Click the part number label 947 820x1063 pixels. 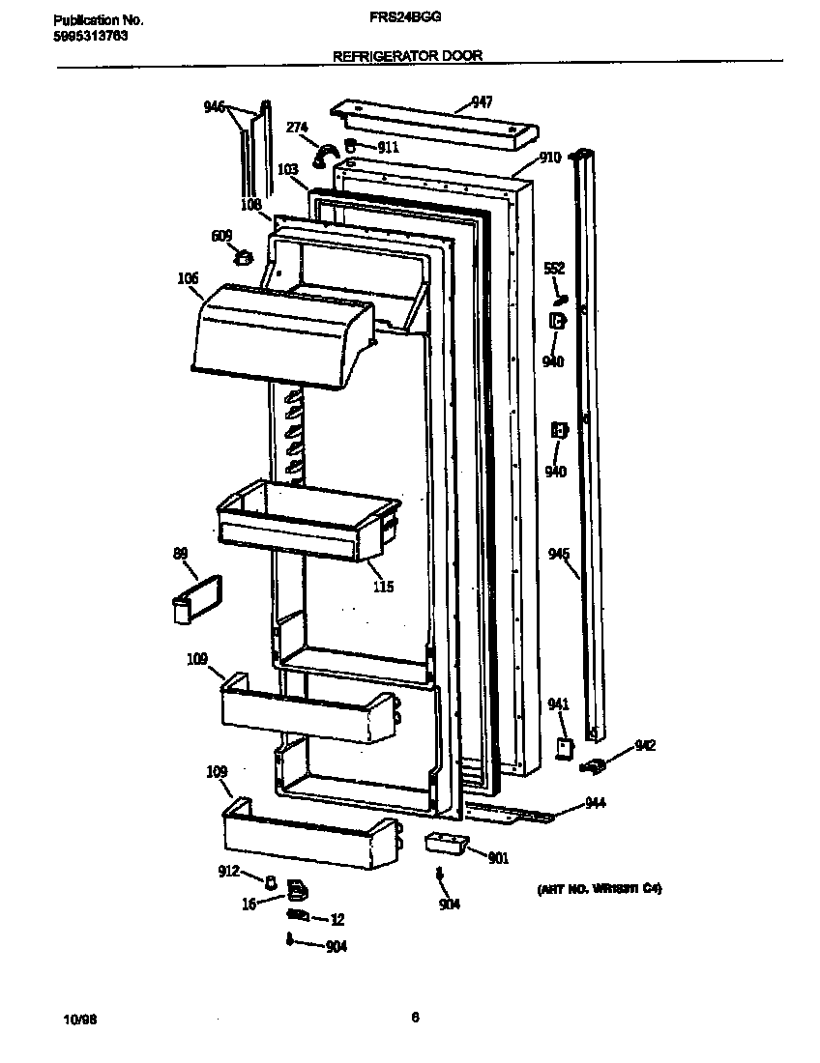pyautogui.click(x=482, y=102)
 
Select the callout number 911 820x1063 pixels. pyautogui.click(x=388, y=148)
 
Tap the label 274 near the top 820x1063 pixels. pyautogui.click(x=296, y=127)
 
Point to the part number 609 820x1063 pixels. pyautogui.click(x=221, y=235)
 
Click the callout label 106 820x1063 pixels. pyautogui.click(x=188, y=279)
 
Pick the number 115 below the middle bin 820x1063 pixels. pyautogui.click(x=383, y=587)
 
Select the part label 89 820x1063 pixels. pyautogui.click(x=180, y=553)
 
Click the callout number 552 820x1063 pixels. pyautogui.click(x=554, y=268)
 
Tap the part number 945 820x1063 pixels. pyautogui.click(x=558, y=554)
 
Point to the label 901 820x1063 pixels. pyautogui.click(x=498, y=858)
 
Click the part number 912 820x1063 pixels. pyautogui.click(x=227, y=872)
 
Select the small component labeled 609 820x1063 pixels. pyautogui.click(x=244, y=257)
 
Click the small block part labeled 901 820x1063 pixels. pyautogui.click(x=445, y=842)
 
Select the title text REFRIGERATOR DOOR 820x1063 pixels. pyautogui.click(x=407, y=56)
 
